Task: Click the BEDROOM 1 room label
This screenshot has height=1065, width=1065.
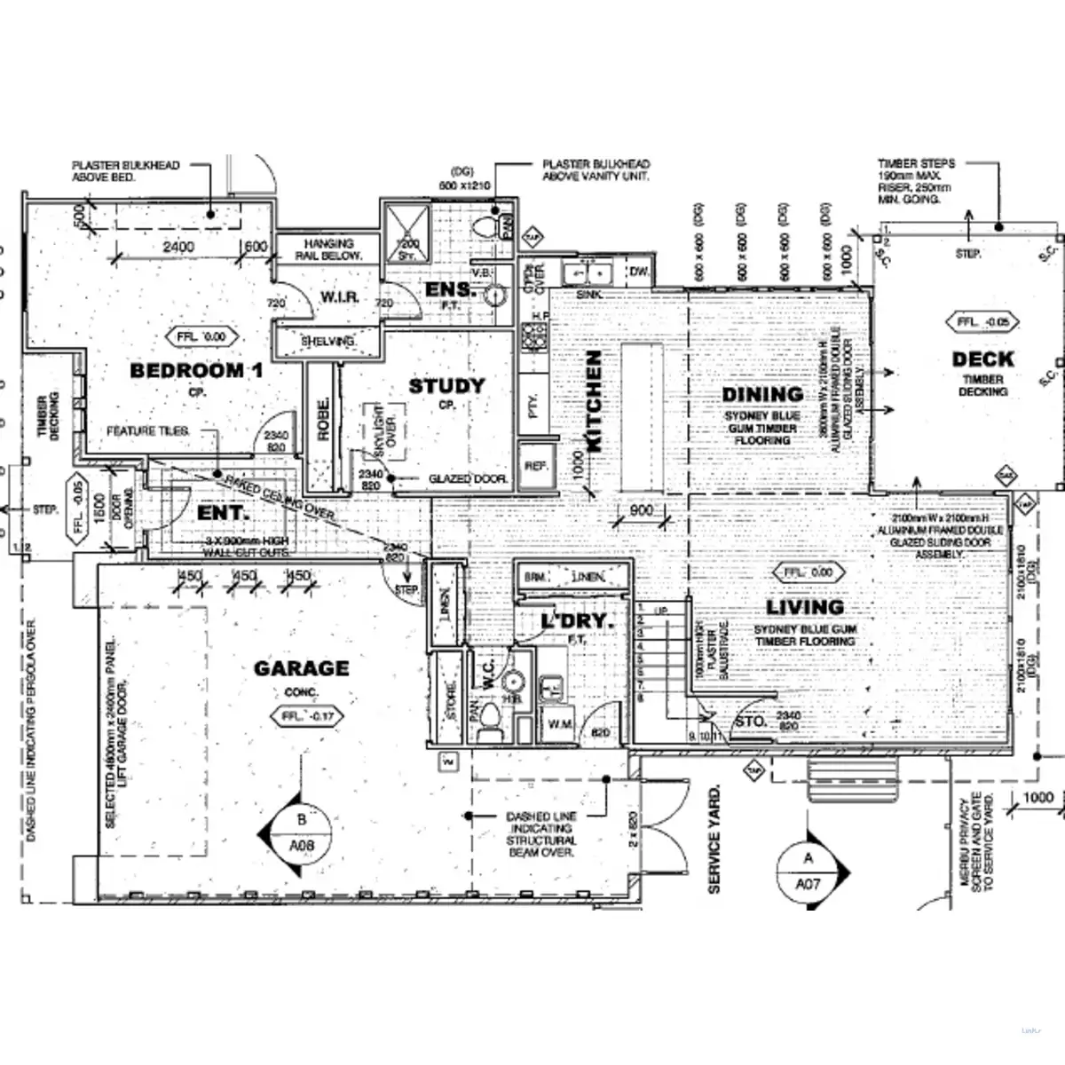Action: [x=196, y=370]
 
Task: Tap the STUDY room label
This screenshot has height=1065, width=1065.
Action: [x=446, y=386]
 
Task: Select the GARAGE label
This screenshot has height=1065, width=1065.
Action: [x=302, y=668]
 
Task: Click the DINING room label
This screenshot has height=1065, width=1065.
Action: [x=762, y=394]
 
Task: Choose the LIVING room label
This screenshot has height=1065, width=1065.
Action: [x=805, y=608]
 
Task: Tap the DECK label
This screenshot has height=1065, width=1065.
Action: [x=982, y=359]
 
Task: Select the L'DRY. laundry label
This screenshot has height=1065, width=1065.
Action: [x=578, y=622]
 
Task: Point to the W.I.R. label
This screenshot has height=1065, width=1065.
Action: [x=340, y=296]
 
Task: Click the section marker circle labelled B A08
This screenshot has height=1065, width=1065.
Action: [x=302, y=834]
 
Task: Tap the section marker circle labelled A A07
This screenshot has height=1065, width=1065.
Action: [x=808, y=871]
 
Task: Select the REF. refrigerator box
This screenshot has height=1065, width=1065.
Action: [x=535, y=465]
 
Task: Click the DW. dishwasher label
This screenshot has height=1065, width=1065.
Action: [x=640, y=272]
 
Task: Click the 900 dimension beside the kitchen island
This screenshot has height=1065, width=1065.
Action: [x=641, y=511]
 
